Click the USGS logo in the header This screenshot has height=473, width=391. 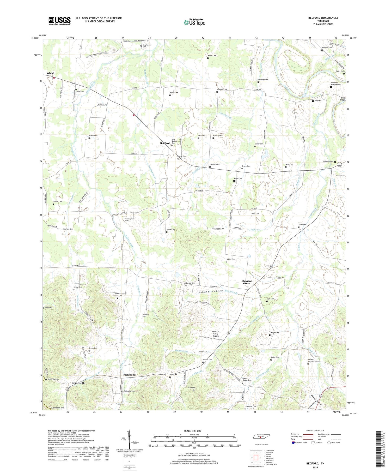coord(59,21)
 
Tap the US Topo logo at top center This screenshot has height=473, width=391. coord(194,22)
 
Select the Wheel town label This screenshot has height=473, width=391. coord(50,73)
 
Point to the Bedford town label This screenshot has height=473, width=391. coord(165,143)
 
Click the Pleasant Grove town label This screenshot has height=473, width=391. coord(247,282)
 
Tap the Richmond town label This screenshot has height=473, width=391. coord(129,375)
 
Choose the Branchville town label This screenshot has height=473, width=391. coord(78,383)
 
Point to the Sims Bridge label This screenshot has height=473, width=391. coord(343,99)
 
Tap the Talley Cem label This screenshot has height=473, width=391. coord(340,71)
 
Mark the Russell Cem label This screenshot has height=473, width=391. coord(171,230)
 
